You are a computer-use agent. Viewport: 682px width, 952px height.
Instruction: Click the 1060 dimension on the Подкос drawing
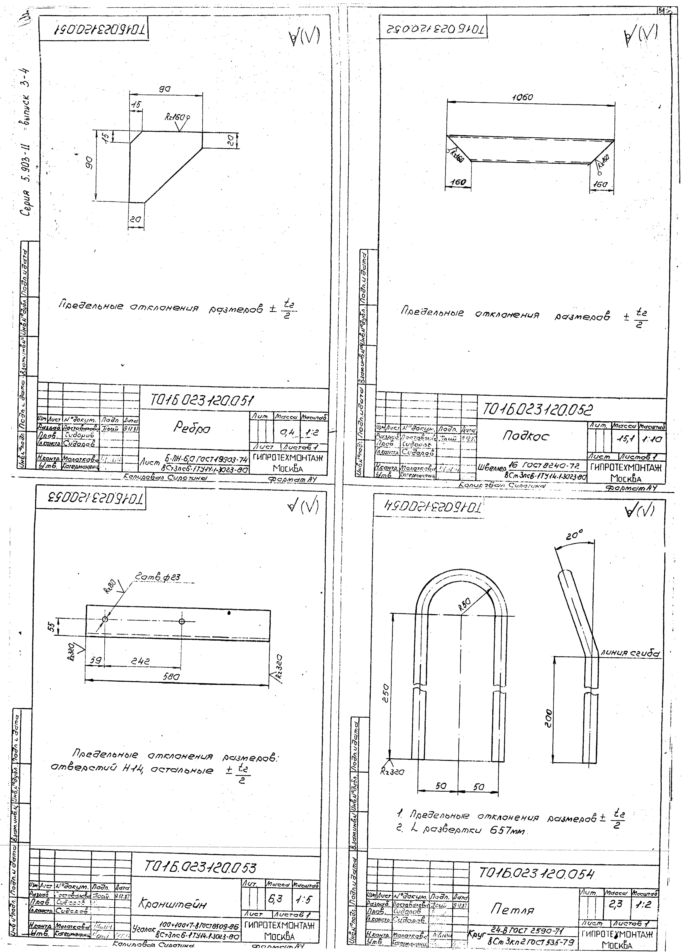pyautogui.click(x=522, y=98)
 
